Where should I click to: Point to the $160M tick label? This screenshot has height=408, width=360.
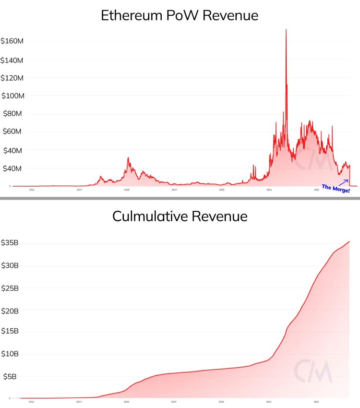[x=12, y=41]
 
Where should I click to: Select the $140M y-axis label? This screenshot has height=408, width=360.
[x=12, y=60]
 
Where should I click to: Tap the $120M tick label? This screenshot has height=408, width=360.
[x=12, y=78]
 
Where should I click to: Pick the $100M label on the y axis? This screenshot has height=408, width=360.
[x=12, y=96]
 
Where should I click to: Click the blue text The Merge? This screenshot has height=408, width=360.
[x=336, y=189]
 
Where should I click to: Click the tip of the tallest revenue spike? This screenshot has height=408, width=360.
[x=286, y=30]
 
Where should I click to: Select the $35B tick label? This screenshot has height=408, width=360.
[x=10, y=242]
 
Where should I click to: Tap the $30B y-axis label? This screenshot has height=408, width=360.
[x=10, y=265]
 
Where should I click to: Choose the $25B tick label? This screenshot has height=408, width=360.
[x=10, y=288]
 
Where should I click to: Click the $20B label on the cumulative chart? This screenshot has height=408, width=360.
[x=10, y=311]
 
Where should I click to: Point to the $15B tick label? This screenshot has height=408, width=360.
[x=10, y=331]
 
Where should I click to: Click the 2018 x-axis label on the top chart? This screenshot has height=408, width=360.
[x=127, y=190]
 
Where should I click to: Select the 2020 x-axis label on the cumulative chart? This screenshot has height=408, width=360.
[x=221, y=401]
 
